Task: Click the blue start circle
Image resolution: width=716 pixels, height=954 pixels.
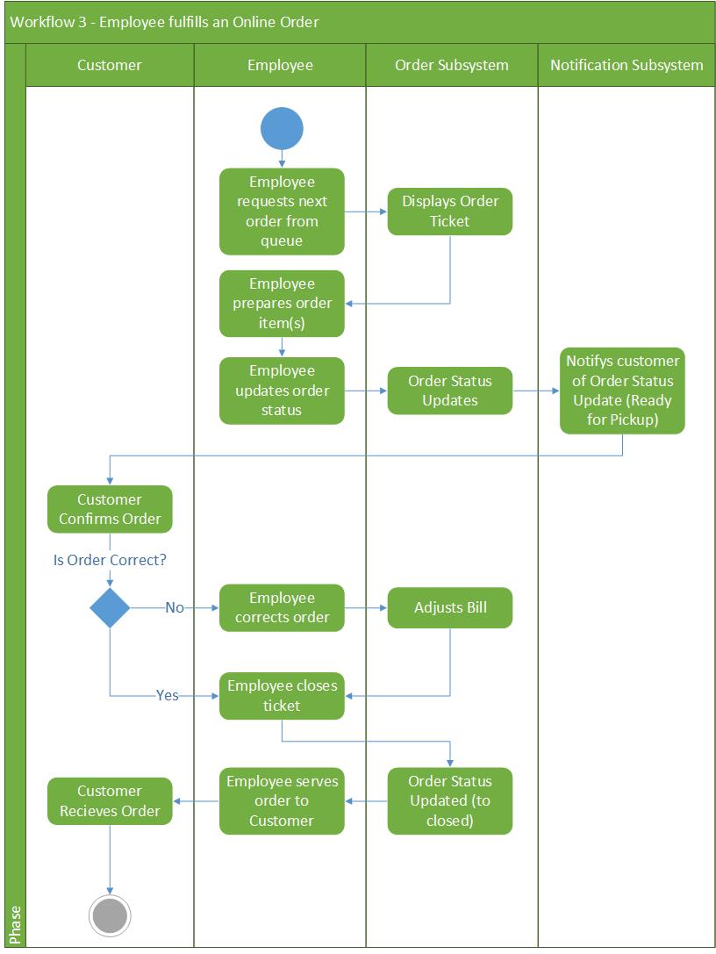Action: pos(282,129)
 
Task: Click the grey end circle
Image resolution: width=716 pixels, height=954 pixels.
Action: pos(110,915)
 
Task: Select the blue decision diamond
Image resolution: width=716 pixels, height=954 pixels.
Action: pos(110,607)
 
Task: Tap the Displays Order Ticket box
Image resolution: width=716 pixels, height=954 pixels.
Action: pos(450,212)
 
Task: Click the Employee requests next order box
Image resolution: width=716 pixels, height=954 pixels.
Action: pos(282,212)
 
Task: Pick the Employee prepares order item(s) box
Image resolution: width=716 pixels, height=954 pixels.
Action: pos(282,303)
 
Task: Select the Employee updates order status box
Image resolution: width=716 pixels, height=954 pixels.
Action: pos(282,391)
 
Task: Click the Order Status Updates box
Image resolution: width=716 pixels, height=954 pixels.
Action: pos(450,391)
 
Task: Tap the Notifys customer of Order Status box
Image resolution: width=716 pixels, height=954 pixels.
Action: pos(622,391)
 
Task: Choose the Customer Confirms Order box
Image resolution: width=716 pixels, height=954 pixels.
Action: pos(110,509)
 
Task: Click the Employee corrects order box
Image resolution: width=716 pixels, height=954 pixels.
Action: pos(282,607)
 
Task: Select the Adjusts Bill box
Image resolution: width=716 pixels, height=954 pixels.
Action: pos(450,607)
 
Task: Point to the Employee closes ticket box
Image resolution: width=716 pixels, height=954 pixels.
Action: pos(282,695)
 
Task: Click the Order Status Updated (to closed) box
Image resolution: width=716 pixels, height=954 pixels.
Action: pos(450,800)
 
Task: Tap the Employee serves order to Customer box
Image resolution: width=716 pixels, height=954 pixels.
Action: pos(282,800)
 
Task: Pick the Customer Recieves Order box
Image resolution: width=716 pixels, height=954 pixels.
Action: pos(110,800)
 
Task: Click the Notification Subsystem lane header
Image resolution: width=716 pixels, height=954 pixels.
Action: pos(626,65)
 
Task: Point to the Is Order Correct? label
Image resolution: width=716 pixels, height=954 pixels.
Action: pos(110,559)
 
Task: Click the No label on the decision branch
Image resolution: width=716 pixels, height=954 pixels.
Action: pos(175,607)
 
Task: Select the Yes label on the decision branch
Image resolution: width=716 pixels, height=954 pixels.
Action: pos(167,695)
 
